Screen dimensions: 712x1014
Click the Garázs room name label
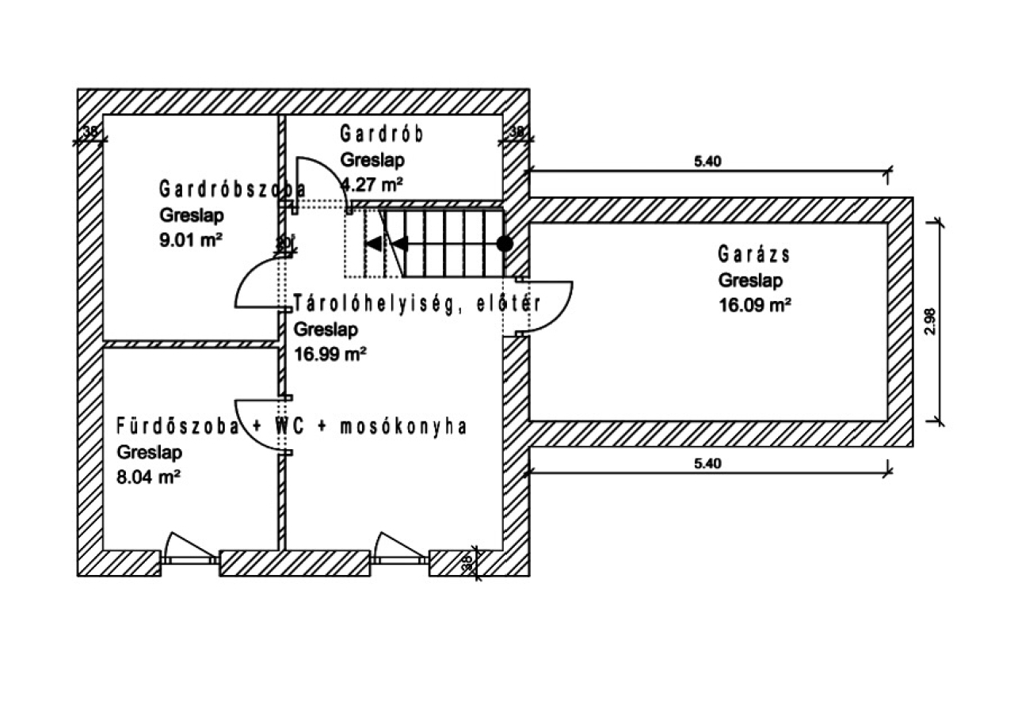tap(755, 255)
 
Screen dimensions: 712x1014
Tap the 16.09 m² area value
tap(755, 305)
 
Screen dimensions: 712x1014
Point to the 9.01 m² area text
tap(190, 240)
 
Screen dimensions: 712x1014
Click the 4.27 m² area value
tap(372, 185)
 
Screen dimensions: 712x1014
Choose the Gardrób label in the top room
tap(382, 134)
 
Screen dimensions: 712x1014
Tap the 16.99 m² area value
tap(330, 354)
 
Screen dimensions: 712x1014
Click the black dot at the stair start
tap(504, 243)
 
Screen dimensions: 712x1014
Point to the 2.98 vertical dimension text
tap(930, 321)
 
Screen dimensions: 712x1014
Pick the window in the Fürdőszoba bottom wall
tap(190, 558)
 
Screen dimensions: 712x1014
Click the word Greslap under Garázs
tap(751, 280)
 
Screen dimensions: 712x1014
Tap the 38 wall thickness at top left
tap(91, 132)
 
